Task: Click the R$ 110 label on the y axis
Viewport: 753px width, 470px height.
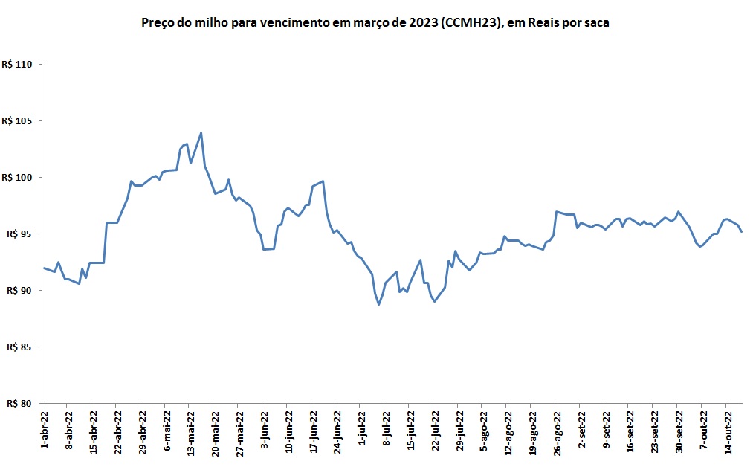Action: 17,65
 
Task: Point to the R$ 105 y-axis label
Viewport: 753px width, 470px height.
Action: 17,121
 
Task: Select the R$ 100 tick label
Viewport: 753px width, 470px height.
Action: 17,178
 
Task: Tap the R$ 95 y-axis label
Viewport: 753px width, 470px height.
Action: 19,234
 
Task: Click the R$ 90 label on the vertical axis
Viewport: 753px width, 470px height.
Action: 19,291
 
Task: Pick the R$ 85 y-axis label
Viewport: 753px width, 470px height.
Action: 19,347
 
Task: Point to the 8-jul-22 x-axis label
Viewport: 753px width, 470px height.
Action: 385,429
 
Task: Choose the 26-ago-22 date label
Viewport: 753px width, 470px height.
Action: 556,431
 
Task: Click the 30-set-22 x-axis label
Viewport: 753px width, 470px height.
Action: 678,431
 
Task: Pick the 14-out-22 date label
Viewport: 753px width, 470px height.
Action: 727,431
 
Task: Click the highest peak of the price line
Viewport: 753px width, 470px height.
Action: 201,133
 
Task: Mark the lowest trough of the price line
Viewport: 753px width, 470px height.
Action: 378,304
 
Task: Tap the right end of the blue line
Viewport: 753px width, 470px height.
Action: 741,232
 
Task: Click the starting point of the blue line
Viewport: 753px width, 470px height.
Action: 44,268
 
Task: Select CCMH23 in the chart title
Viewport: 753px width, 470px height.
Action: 470,23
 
